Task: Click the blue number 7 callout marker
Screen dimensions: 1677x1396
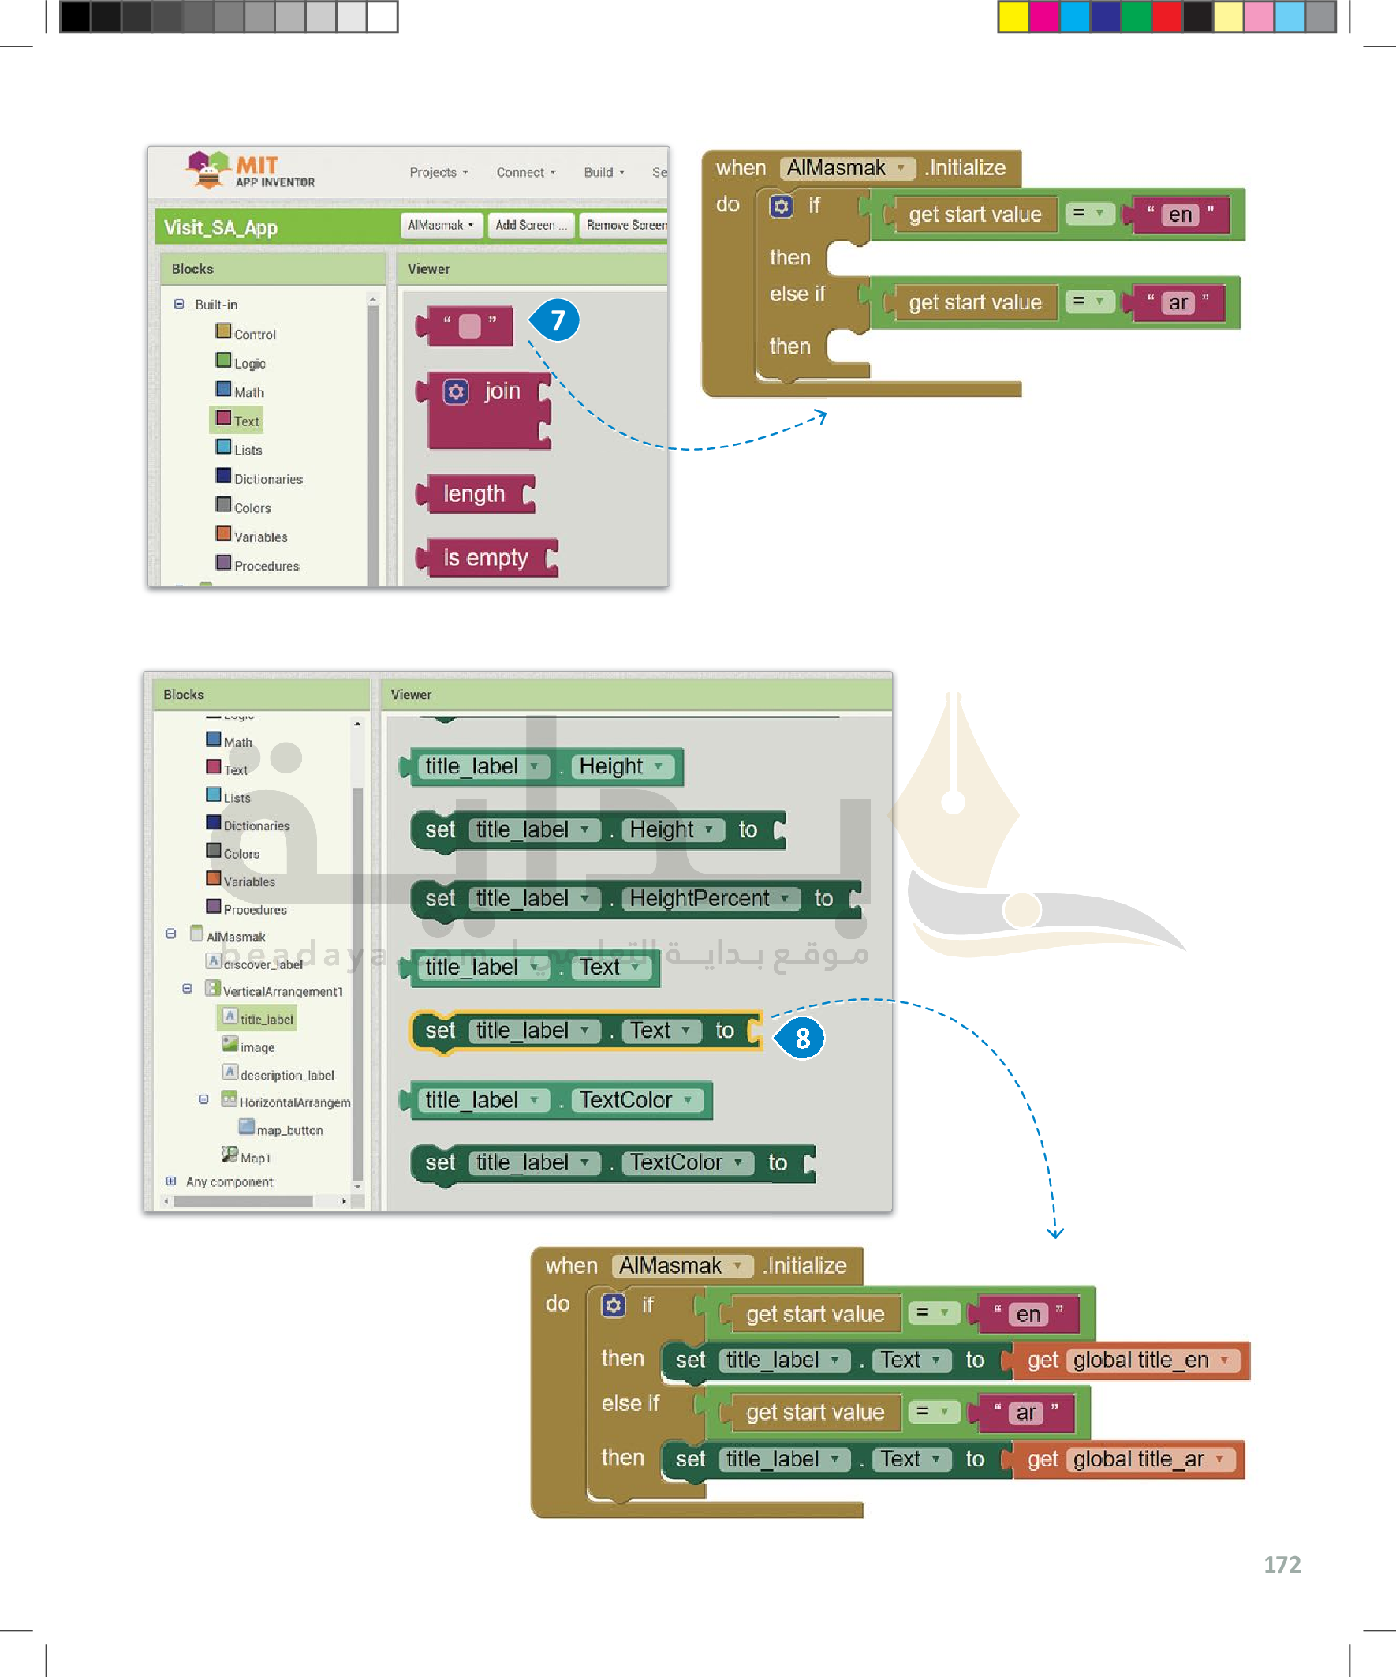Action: point(556,320)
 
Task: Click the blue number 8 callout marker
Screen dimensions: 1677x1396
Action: point(801,1037)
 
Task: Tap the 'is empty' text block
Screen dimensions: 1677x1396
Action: point(486,557)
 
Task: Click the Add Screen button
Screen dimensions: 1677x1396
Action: point(531,225)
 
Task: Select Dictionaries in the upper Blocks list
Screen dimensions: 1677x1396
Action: point(267,479)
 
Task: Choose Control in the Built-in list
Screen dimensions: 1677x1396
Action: point(254,335)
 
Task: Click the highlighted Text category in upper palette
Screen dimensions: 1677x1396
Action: point(245,421)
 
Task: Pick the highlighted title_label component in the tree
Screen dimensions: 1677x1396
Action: point(265,1019)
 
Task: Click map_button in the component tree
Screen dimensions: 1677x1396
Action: point(289,1130)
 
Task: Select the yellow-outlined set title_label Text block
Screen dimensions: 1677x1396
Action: point(586,1030)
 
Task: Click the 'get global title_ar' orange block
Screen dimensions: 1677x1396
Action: point(1126,1459)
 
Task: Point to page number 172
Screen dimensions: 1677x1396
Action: point(1281,1564)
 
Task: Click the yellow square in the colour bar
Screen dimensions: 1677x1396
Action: point(1013,17)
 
